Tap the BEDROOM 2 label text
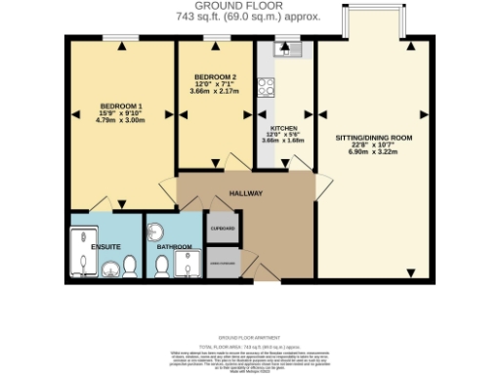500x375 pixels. [x=215, y=76]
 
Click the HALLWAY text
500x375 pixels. [x=246, y=193]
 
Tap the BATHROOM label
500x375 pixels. [x=175, y=247]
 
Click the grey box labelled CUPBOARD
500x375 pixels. [x=224, y=230]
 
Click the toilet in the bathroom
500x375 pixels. [x=161, y=265]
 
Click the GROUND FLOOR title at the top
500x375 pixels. [x=250, y=6]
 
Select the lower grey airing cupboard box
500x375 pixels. [x=224, y=261]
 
